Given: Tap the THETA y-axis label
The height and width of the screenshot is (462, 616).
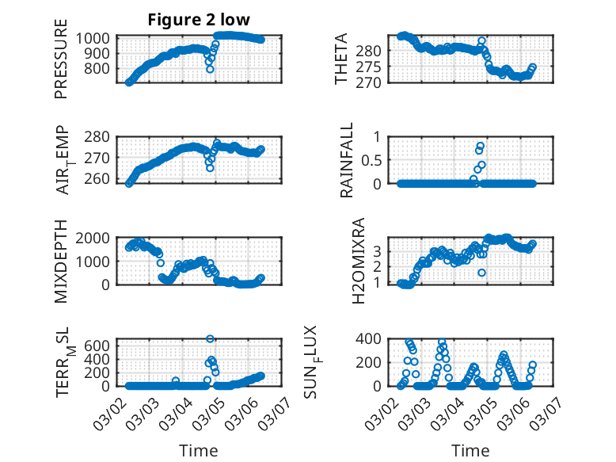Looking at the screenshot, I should (x=342, y=59).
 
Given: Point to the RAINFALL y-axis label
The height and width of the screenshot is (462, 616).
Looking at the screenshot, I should (x=347, y=161).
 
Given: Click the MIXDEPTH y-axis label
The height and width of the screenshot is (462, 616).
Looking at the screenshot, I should (x=61, y=262).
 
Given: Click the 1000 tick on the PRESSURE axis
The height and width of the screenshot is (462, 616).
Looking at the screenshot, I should (x=97, y=38).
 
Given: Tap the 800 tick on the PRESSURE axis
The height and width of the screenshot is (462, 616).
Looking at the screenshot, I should (x=101, y=68).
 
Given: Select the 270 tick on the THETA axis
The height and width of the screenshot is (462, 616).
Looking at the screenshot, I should (x=374, y=82).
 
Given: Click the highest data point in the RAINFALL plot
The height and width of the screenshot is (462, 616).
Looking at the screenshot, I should (x=481, y=146).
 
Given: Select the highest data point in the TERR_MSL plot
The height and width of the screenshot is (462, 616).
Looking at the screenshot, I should (x=210, y=338).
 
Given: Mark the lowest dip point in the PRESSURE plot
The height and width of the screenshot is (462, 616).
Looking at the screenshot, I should (x=210, y=69).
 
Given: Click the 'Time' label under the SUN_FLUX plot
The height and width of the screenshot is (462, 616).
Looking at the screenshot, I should (x=470, y=450).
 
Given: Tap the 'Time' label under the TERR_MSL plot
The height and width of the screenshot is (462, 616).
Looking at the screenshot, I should (x=199, y=450).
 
